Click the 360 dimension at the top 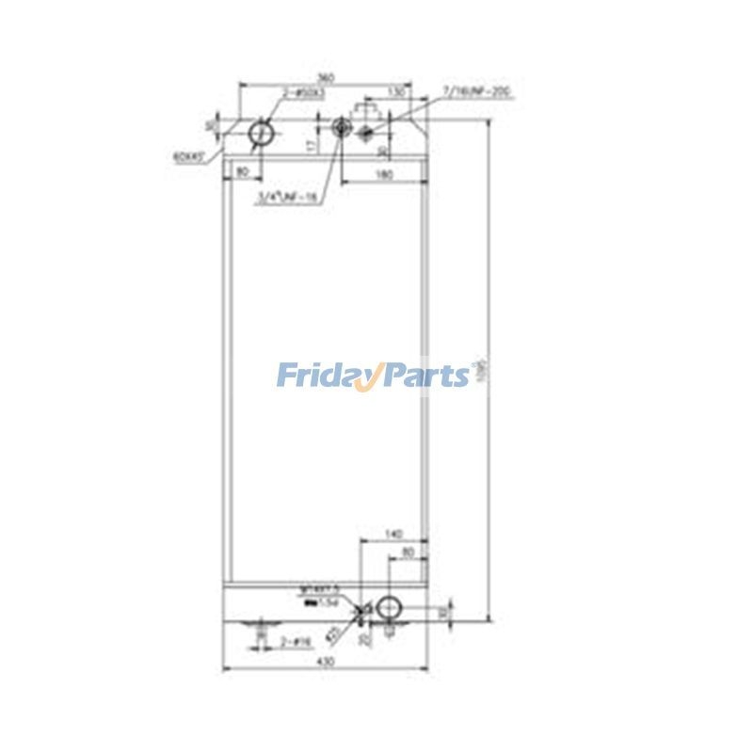point(326,77)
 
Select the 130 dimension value point(395,92)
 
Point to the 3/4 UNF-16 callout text point(287,197)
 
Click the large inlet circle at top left point(261,136)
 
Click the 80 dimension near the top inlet point(243,171)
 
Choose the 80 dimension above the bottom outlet point(409,553)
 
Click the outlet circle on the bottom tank point(388,608)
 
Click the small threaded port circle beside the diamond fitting point(341,129)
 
